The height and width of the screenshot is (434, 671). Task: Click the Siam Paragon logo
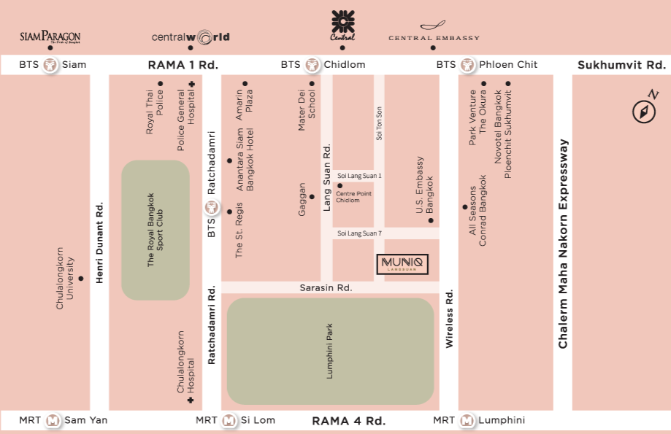[50, 36]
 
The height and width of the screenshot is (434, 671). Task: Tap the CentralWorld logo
[191, 36]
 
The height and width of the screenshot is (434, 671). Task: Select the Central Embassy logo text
[434, 37]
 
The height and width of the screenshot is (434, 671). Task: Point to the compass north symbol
[643, 109]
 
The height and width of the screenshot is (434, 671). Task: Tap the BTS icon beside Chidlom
[313, 65]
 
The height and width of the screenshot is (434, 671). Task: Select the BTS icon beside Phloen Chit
[468, 65]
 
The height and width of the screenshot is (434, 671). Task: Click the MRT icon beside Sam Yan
[53, 421]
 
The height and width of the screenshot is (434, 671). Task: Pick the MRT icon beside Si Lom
[229, 421]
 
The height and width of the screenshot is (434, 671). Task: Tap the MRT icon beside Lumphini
[467, 421]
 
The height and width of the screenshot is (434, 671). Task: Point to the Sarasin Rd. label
[326, 288]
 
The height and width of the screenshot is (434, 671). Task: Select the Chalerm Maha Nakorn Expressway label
[563, 244]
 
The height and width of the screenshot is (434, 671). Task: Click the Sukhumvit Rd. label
[621, 65]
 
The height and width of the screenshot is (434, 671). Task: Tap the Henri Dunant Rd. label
[100, 243]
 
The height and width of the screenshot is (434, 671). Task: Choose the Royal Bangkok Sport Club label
[155, 230]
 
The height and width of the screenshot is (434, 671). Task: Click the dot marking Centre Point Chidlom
[340, 185]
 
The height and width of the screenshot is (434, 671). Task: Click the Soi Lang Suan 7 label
[359, 233]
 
